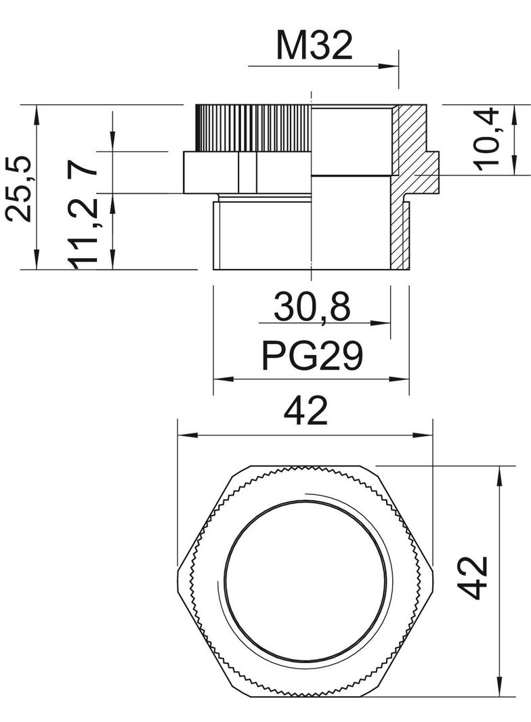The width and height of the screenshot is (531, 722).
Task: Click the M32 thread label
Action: [314, 46]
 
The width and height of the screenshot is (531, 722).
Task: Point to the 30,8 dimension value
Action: [312, 307]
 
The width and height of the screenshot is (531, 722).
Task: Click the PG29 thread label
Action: [313, 356]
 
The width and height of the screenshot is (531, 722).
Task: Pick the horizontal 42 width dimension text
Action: [306, 411]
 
